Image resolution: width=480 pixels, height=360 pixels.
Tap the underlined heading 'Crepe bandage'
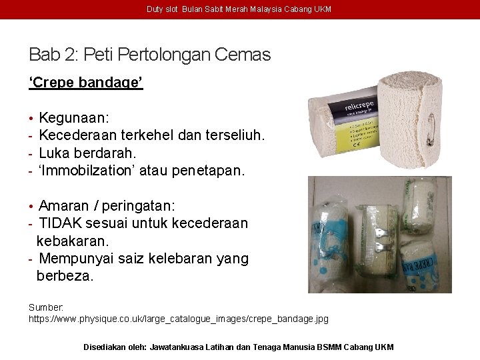pyautogui.click(x=85, y=83)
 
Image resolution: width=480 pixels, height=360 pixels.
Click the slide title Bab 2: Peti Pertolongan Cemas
pyautogui.click(x=149, y=54)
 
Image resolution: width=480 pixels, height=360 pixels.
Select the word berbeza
pyautogui.click(x=65, y=275)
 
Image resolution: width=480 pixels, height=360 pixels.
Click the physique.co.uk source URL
pyautogui.click(x=178, y=319)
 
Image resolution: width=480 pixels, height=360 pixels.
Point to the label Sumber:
pyautogui.click(x=46, y=307)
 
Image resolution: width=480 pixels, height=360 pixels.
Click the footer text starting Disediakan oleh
pyautogui.click(x=238, y=347)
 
